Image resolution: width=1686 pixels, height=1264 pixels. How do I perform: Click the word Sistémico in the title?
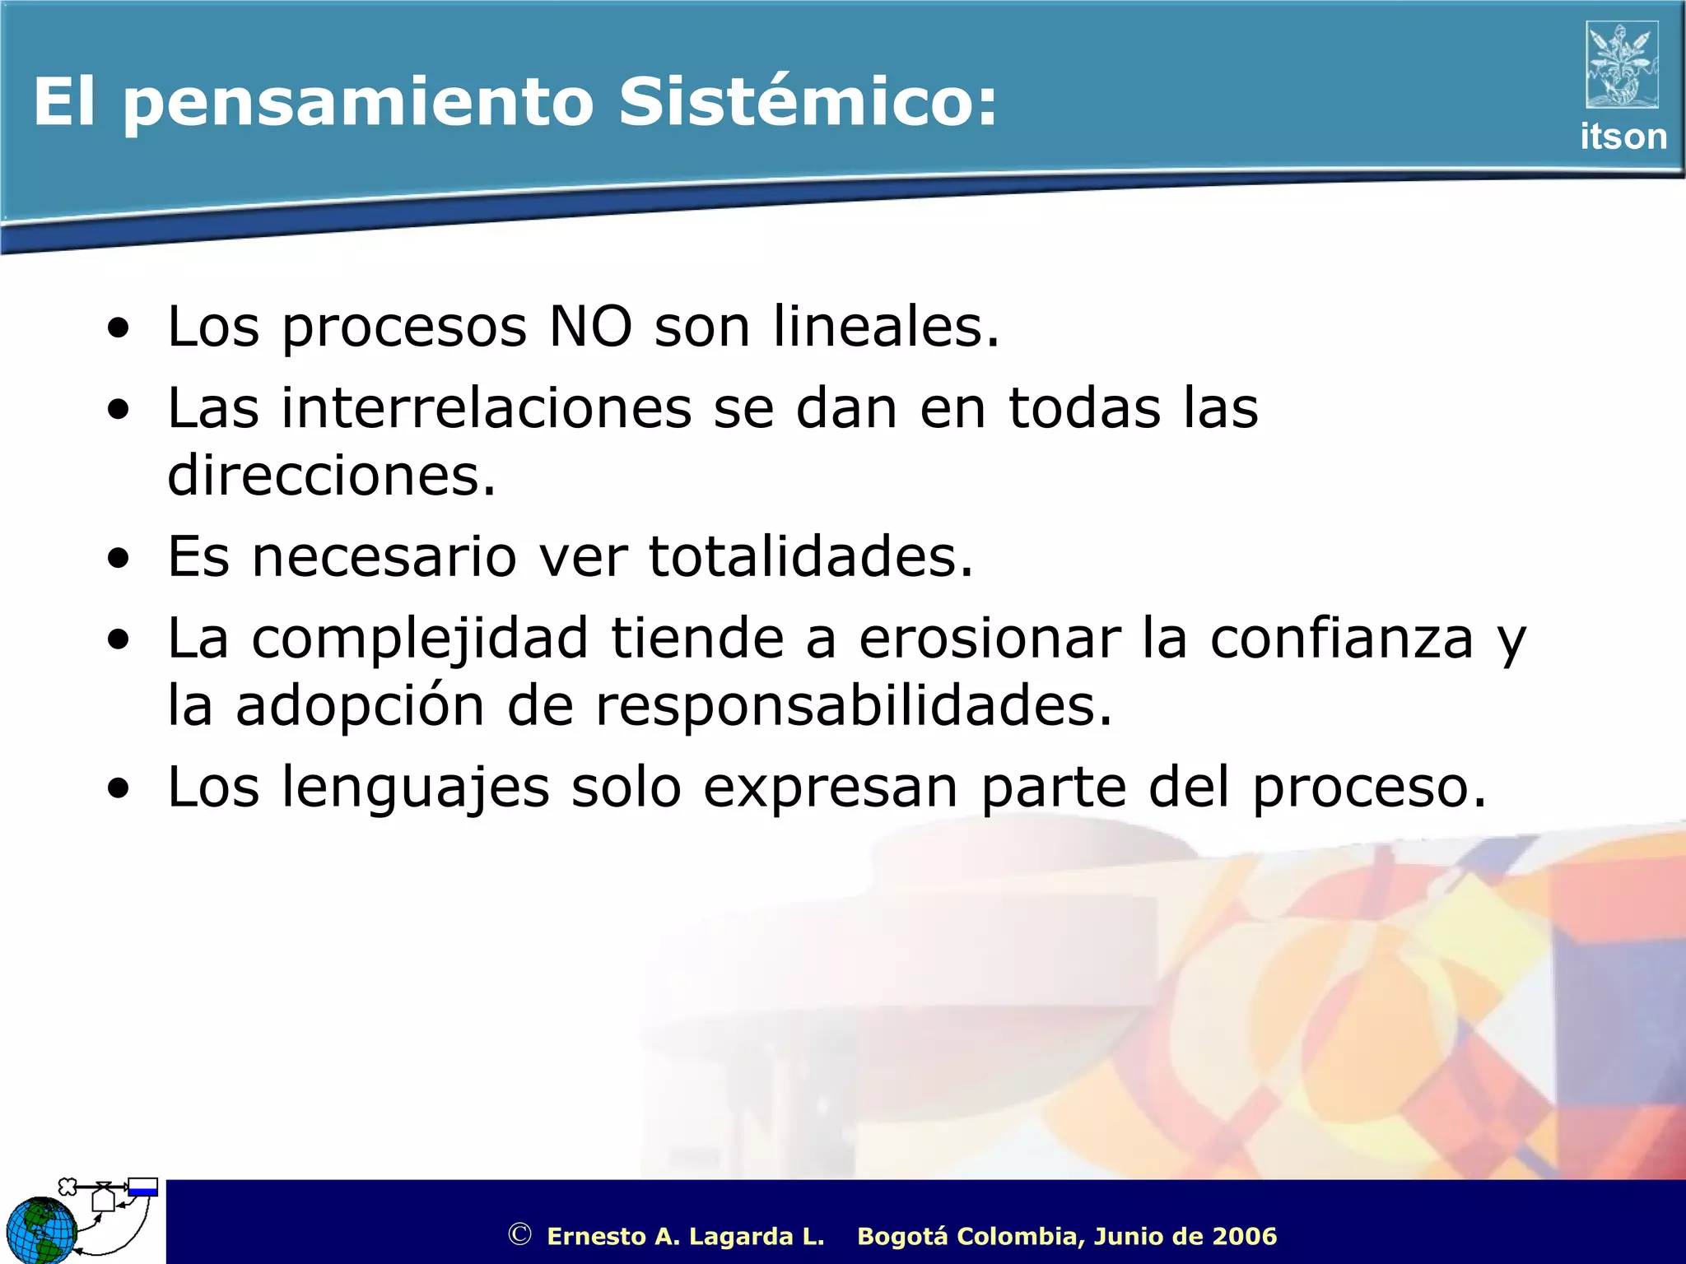pyautogui.click(x=807, y=102)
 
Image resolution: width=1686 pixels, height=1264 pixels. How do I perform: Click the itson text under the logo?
pyautogui.click(x=1623, y=137)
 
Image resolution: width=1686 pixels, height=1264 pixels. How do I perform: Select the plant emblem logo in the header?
pyautogui.click(x=1622, y=64)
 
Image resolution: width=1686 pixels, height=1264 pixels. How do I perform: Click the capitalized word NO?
pyautogui.click(x=590, y=327)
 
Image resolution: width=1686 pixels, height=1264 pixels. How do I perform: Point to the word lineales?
pyautogui.click(x=886, y=327)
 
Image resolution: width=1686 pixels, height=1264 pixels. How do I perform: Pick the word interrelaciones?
pyautogui.click(x=487, y=408)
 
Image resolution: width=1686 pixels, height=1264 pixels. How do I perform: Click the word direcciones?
pyautogui.click(x=332, y=476)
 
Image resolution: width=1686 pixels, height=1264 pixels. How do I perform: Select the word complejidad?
pyautogui.click(x=420, y=640)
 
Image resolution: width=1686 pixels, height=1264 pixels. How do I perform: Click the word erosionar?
pyautogui.click(x=990, y=639)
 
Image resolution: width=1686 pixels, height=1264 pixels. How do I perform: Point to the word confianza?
pyautogui.click(x=1341, y=639)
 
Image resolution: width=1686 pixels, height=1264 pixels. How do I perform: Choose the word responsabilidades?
pyautogui.click(x=853, y=706)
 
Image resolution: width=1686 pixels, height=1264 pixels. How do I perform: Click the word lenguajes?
pyautogui.click(x=416, y=788)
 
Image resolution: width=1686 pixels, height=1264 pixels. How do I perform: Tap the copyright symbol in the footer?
pyautogui.click(x=519, y=1234)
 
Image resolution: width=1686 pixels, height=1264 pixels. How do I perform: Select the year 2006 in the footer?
pyautogui.click(x=1244, y=1236)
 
